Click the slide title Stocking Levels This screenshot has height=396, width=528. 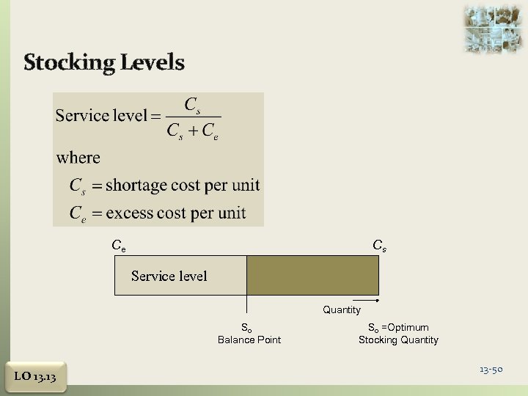pyautogui.click(x=103, y=62)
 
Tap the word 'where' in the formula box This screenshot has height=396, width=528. pyautogui.click(x=78, y=158)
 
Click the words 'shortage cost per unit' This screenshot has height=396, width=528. pyautogui.click(x=183, y=186)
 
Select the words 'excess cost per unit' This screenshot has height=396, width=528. pyautogui.click(x=176, y=213)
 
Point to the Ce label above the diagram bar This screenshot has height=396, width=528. pyautogui.click(x=118, y=246)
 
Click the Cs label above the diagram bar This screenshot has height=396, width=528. pyautogui.click(x=379, y=246)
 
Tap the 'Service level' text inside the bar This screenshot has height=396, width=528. pyautogui.click(x=169, y=276)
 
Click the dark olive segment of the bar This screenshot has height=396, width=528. pyautogui.click(x=312, y=275)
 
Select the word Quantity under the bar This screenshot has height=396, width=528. pyautogui.click(x=342, y=309)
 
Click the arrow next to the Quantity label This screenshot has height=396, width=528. pyautogui.click(x=370, y=301)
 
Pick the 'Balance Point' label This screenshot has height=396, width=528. pyautogui.click(x=249, y=340)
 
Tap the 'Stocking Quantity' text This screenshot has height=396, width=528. pyautogui.click(x=398, y=340)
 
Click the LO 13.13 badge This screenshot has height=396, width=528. pyautogui.click(x=35, y=377)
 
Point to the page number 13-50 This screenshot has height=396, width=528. pyautogui.click(x=491, y=369)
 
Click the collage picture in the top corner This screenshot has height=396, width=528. pyautogui.click(x=493, y=29)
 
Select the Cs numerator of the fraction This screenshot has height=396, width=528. pyautogui.click(x=193, y=106)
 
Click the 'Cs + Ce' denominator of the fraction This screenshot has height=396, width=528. pyautogui.click(x=193, y=132)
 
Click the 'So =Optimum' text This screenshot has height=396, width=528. pyautogui.click(x=398, y=327)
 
